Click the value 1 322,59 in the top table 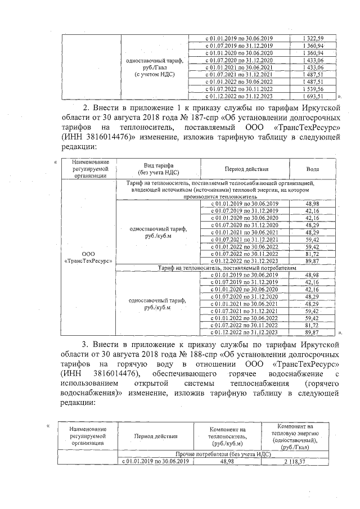point(313,38)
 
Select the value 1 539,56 point(313,89)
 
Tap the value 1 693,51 point(313,96)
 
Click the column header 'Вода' point(313,169)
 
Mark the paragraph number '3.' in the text point(86,344)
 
